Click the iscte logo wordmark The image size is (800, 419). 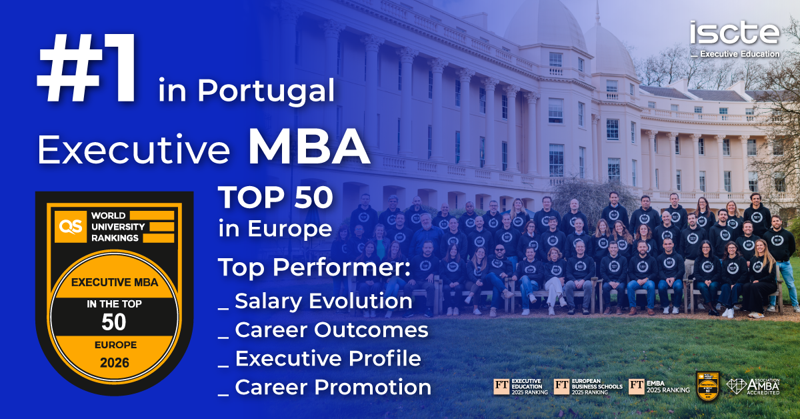click(x=734, y=33)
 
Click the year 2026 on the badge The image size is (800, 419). click(x=113, y=364)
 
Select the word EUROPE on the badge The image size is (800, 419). click(x=113, y=345)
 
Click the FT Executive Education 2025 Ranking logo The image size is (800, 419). click(x=521, y=387)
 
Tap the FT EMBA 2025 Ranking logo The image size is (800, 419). click(x=659, y=387)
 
